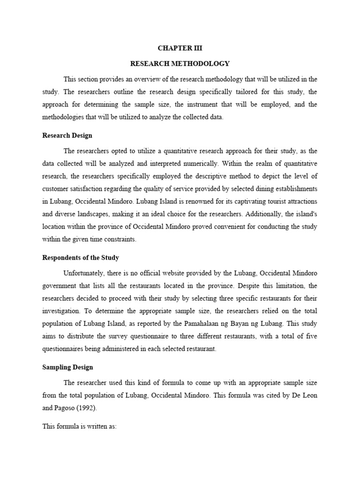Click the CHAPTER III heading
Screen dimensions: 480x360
(180, 48)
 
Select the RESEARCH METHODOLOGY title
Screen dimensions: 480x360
(180, 63)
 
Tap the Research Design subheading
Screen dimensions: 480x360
(67, 135)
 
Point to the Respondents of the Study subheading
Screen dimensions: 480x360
(81, 257)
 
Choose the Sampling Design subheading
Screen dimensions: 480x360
(67, 367)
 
